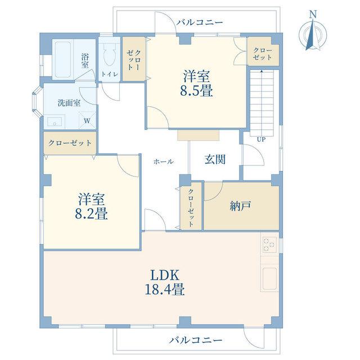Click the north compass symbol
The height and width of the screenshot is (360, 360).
313,34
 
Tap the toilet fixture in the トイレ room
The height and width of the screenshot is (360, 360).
109,55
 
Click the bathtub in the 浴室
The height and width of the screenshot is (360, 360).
63,60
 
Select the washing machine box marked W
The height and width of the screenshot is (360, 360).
87,120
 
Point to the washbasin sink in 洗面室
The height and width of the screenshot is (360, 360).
55,122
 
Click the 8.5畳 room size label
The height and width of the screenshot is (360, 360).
196,91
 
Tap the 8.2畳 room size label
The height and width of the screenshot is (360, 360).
91,214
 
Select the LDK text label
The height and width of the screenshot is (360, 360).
165,276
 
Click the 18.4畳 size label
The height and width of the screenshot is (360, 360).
165,289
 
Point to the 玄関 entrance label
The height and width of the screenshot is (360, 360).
215,159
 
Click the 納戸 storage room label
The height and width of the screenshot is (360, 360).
240,206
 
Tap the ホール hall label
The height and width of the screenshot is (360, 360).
164,162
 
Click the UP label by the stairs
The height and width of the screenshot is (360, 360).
261,139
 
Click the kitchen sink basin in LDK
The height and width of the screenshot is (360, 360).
270,279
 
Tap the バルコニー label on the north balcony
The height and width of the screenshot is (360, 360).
200,22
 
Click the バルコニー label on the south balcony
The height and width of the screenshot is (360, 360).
196,340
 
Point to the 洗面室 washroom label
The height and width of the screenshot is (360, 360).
69,103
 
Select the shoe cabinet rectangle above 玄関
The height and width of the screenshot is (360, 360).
198,135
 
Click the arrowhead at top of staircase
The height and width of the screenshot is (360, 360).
262,71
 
